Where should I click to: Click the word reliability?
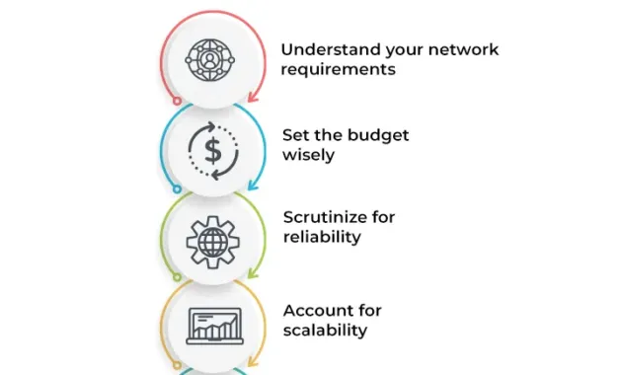pos(322,237)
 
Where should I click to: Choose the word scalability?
pos(325,330)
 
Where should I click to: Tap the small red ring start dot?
pos(176,100)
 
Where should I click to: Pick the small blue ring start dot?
pos(176,189)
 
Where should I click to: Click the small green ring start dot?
pos(176,279)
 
